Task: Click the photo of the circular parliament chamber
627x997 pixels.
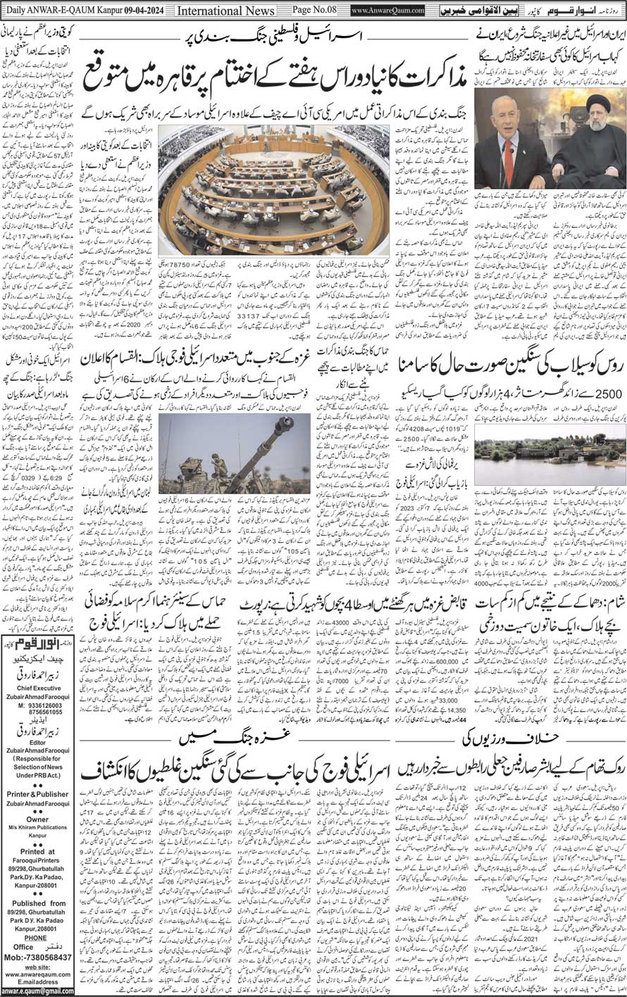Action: tap(274, 190)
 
